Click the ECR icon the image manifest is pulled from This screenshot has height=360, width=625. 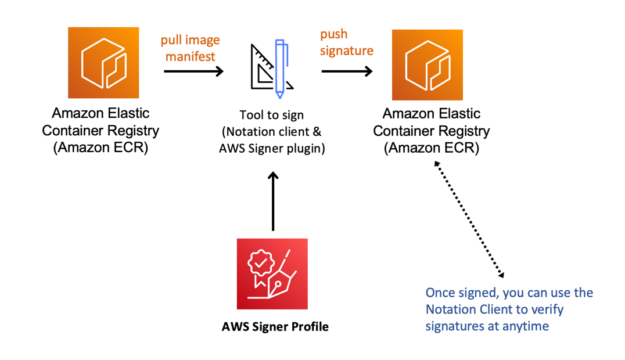coord(103,63)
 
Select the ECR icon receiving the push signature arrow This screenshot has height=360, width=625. coord(428,65)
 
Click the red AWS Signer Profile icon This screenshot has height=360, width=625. coord(272,273)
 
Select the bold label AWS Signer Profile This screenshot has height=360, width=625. coord(275,327)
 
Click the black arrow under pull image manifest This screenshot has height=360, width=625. coord(193,71)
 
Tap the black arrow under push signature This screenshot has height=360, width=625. coord(347,71)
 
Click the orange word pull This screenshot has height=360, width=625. coord(173,41)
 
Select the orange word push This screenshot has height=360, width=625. coord(333,34)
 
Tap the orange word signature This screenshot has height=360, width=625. coord(347,51)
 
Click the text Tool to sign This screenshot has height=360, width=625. coord(272,115)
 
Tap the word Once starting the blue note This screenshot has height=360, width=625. coord(439,292)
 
